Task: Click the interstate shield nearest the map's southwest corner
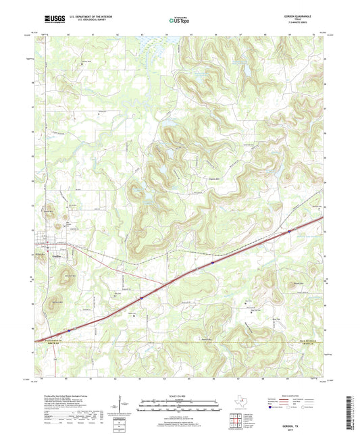[70, 330]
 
